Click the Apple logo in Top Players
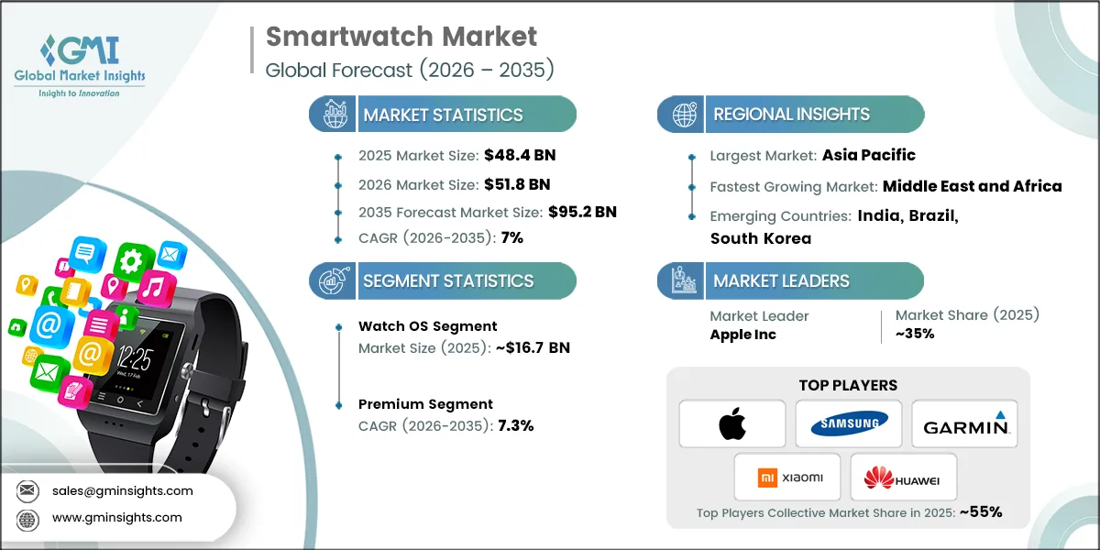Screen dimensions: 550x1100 pyautogui.click(x=732, y=423)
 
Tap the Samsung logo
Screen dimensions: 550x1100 pyautogui.click(x=848, y=423)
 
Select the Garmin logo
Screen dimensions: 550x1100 pyautogui.click(x=964, y=423)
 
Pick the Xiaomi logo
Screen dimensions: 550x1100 pyautogui.click(x=790, y=477)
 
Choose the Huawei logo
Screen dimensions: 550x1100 pyautogui.click(x=904, y=477)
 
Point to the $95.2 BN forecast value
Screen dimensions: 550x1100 pyautogui.click(x=582, y=212)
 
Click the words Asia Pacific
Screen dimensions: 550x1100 pyautogui.click(x=869, y=155)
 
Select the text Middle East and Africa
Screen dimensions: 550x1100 pyautogui.click(x=972, y=186)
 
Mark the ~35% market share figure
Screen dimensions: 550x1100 pyautogui.click(x=915, y=334)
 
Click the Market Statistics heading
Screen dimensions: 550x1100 pyautogui.click(x=443, y=115)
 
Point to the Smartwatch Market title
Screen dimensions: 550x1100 pyautogui.click(x=401, y=38)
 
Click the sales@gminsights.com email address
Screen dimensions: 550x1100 pyautogui.click(x=122, y=490)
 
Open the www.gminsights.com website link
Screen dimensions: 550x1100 pyautogui.click(x=116, y=517)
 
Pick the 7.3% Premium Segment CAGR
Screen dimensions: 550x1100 pyautogui.click(x=515, y=425)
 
